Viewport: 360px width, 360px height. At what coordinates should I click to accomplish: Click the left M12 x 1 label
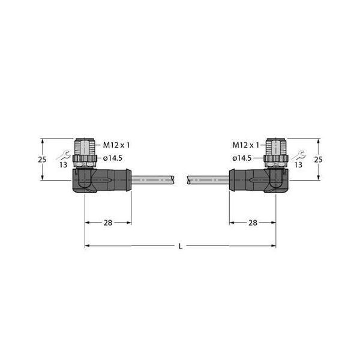click(116, 145)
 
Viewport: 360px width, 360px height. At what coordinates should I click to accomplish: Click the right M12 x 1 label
click(245, 145)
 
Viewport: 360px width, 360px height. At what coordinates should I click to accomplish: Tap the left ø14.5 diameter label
click(113, 158)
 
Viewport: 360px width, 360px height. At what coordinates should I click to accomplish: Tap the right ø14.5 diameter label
click(242, 158)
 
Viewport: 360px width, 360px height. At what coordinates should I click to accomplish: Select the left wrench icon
click(64, 155)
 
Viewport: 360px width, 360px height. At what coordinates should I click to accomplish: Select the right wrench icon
click(298, 155)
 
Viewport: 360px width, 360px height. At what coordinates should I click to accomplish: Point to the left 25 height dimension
click(42, 160)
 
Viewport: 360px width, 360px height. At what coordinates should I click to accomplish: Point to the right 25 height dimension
click(319, 160)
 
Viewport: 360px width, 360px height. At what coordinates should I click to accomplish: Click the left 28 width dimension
click(108, 223)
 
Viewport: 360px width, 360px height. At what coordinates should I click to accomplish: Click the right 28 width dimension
click(253, 223)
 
